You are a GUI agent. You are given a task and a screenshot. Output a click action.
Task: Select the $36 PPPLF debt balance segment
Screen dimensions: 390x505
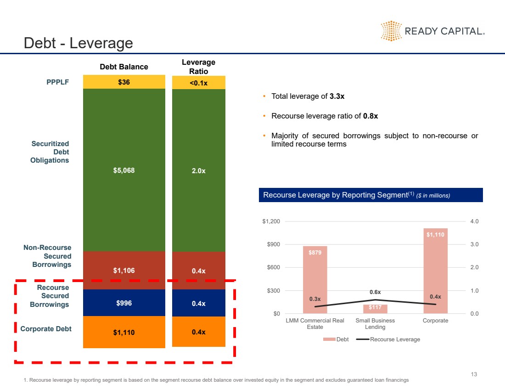point(124,82)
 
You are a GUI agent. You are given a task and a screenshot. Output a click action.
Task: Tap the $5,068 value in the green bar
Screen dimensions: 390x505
point(124,170)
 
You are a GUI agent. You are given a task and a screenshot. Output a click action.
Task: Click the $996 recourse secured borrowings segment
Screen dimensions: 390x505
point(124,303)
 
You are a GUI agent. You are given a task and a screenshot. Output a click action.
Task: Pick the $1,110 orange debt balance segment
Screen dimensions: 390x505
point(124,332)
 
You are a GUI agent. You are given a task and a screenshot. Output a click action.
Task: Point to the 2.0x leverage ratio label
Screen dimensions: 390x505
point(198,171)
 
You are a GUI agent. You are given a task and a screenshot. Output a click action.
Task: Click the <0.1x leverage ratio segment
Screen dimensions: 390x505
point(198,83)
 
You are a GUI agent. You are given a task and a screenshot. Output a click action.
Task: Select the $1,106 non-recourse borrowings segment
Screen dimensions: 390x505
point(124,271)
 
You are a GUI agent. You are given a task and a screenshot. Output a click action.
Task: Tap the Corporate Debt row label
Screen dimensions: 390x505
point(46,328)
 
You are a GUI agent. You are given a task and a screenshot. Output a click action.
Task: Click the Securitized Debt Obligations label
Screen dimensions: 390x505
point(50,152)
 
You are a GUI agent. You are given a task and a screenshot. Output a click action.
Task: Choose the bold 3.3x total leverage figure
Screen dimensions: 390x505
point(337,96)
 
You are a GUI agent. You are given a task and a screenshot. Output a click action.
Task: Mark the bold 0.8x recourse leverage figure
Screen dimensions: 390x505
point(370,116)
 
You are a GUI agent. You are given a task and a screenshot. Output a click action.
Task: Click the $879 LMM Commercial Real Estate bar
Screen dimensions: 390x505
point(315,280)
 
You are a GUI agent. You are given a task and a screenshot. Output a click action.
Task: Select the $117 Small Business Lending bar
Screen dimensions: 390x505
point(375,308)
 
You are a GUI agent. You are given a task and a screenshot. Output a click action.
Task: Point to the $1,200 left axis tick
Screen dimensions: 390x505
point(271,221)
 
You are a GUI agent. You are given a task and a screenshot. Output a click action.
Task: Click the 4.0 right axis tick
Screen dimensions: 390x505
point(474,221)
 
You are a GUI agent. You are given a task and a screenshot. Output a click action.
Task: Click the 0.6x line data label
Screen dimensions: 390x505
point(375,292)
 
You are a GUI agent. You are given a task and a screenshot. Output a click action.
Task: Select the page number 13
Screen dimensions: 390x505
point(474,374)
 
